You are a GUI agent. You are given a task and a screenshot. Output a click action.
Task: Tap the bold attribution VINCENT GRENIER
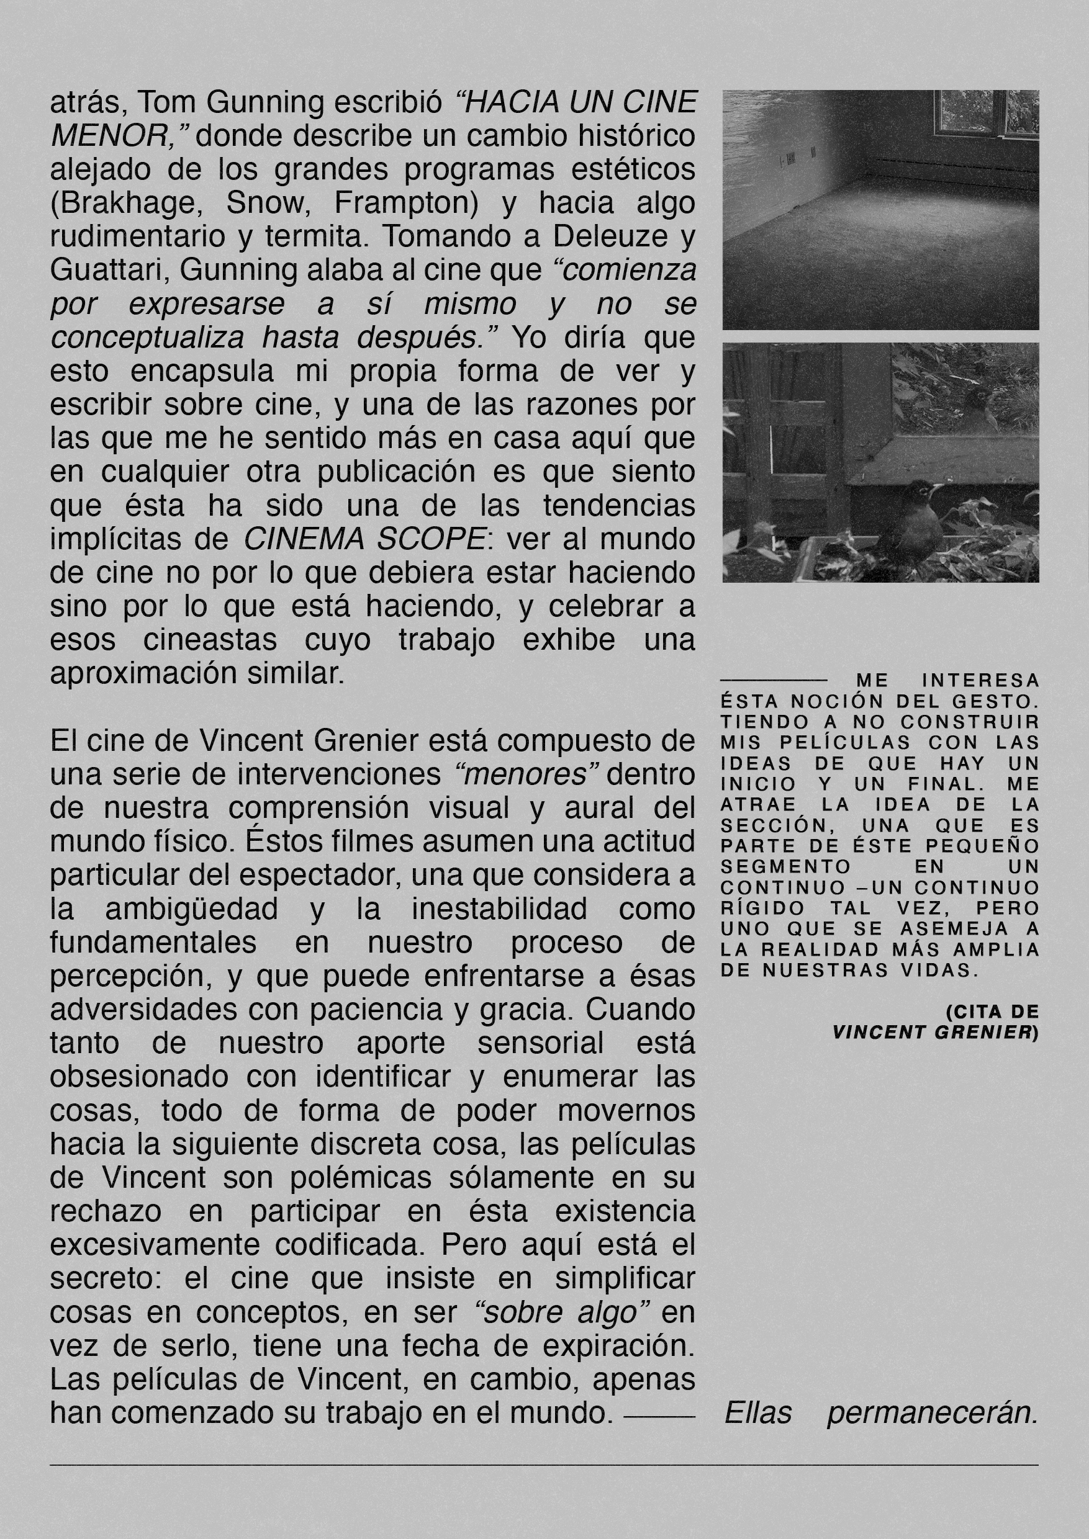932,1032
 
